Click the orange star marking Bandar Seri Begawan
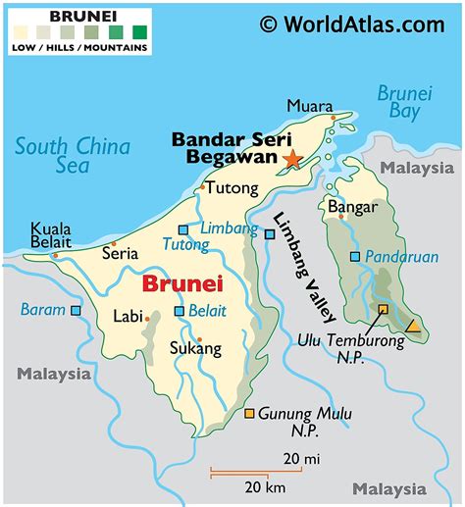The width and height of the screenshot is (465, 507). [291, 158]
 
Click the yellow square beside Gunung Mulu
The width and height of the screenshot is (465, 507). [250, 414]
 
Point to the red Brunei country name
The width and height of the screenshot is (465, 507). [182, 284]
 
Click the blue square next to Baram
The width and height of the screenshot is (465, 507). [76, 310]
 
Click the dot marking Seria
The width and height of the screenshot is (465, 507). [114, 243]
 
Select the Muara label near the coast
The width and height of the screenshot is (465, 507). [306, 105]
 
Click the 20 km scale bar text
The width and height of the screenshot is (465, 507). [265, 488]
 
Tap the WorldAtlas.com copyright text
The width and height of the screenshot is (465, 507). [351, 23]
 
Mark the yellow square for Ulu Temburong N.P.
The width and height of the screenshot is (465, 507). [384, 309]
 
